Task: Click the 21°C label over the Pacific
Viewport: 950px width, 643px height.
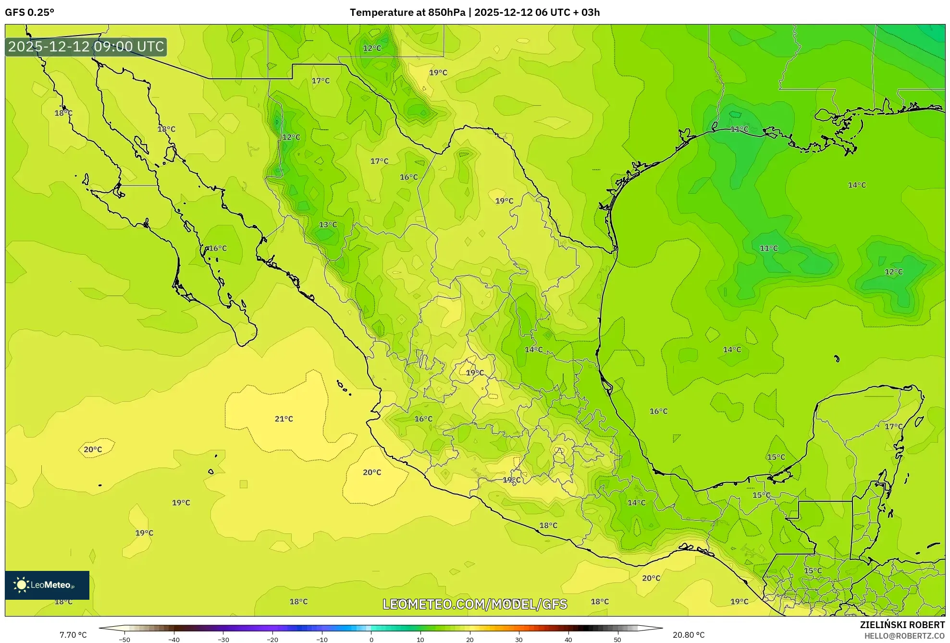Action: click(284, 419)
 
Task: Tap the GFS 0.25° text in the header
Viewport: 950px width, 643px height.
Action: click(29, 12)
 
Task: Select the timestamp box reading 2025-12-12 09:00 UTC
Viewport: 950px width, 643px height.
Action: click(86, 47)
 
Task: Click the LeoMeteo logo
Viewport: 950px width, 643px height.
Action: click(47, 585)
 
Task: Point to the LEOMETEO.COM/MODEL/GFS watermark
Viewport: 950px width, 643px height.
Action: click(475, 604)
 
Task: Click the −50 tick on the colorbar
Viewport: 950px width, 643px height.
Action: click(124, 640)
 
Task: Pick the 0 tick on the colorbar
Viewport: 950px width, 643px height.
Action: click(371, 640)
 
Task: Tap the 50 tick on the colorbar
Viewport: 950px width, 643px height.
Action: click(617, 640)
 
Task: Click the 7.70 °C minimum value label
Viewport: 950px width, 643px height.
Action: click(73, 635)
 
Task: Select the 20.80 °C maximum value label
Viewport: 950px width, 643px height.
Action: click(689, 635)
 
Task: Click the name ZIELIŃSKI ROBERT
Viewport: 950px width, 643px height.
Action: click(902, 625)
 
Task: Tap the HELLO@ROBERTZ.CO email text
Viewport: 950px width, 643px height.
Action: click(904, 636)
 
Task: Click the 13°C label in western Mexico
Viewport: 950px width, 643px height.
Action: click(328, 224)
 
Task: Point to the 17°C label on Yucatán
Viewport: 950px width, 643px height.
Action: click(894, 426)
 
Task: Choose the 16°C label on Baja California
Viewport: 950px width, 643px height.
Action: click(217, 248)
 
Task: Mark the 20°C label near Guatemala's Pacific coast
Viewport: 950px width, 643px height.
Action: click(651, 578)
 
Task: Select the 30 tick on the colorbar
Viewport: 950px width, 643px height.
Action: click(519, 640)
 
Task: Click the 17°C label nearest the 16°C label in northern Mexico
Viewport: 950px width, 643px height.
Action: click(379, 161)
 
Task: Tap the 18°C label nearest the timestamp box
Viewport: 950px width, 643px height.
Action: click(63, 113)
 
